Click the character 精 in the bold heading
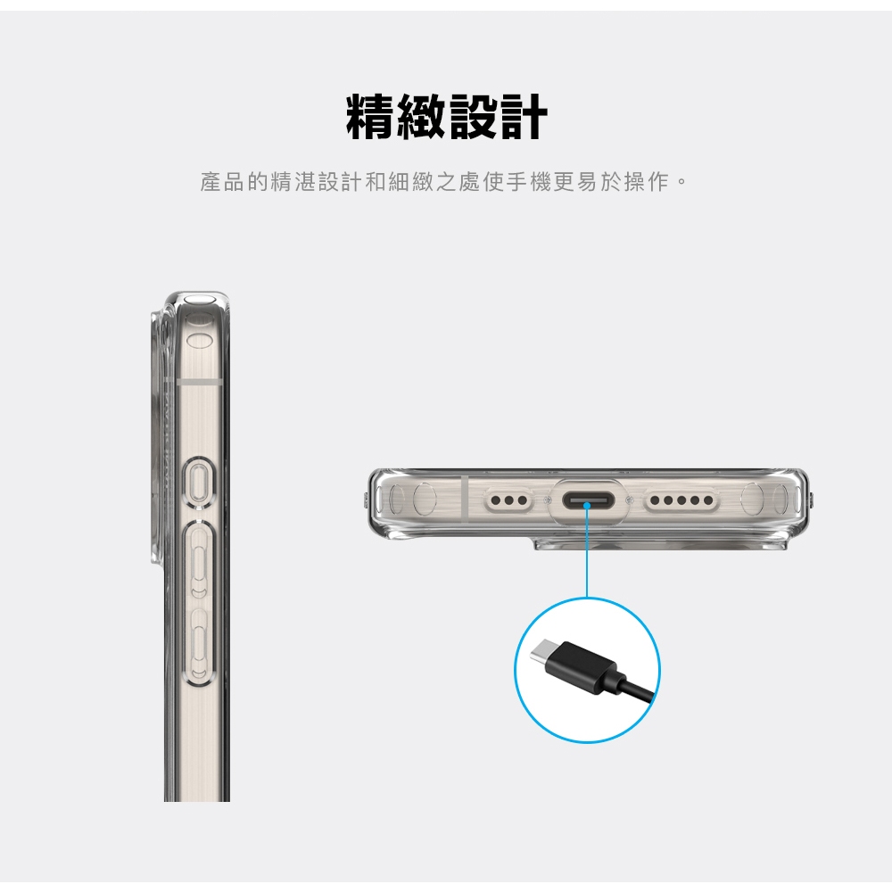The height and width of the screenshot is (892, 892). click(370, 117)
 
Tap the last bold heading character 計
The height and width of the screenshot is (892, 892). click(522, 117)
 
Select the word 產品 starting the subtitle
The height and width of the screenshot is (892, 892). click(222, 182)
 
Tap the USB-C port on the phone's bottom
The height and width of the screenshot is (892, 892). click(588, 501)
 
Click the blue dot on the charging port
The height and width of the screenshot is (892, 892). click(587, 505)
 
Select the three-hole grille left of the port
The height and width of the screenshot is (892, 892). click(508, 500)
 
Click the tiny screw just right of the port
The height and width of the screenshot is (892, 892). click(629, 500)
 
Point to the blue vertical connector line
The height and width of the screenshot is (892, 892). click(587, 552)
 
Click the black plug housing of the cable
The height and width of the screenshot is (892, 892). click(582, 670)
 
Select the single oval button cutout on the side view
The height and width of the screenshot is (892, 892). click(199, 482)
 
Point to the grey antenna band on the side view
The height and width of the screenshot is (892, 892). click(199, 381)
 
